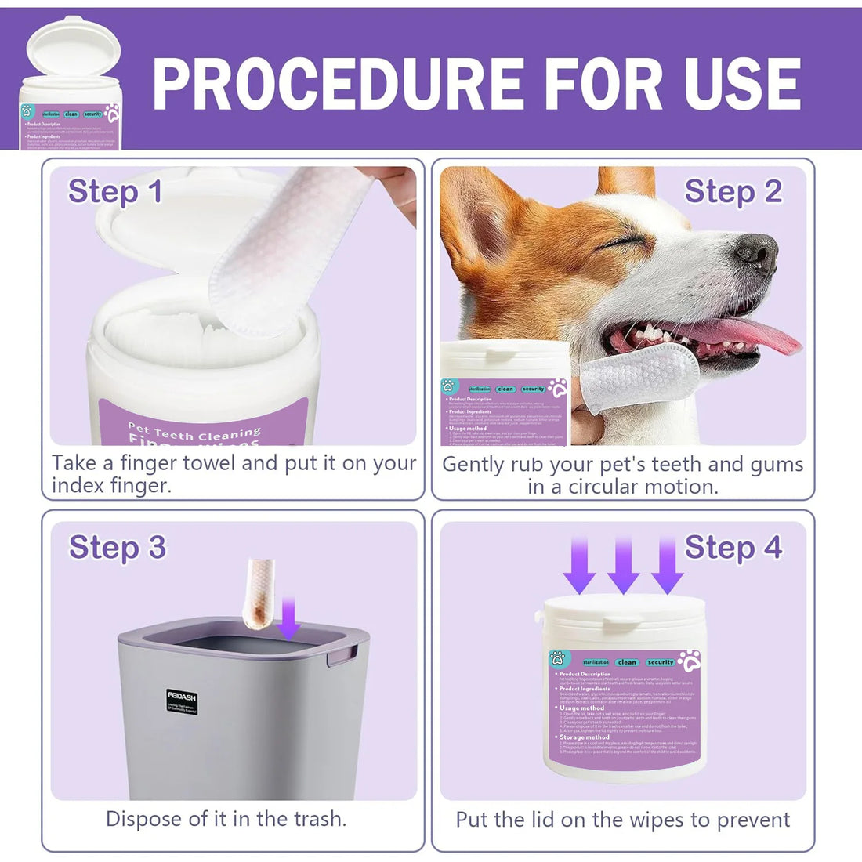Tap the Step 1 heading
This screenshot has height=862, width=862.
(x=115, y=191)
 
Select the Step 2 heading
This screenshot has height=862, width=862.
(x=733, y=191)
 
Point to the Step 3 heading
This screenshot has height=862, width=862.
(x=117, y=547)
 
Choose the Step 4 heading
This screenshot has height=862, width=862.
(x=733, y=547)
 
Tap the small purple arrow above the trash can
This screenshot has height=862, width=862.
(x=290, y=618)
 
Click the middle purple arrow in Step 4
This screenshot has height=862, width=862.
(x=624, y=564)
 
